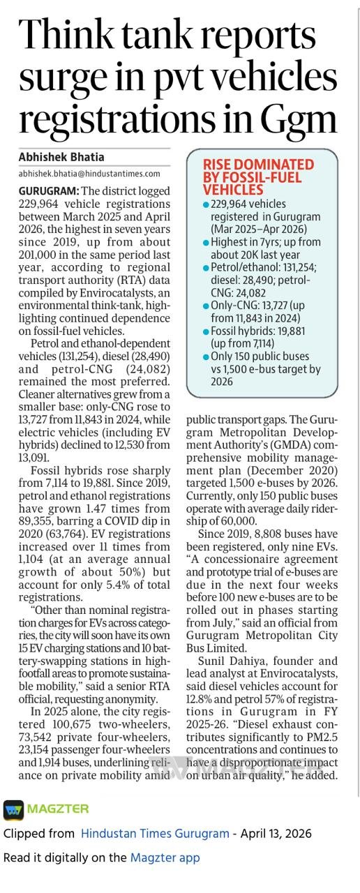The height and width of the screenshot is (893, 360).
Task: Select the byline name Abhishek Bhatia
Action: point(61,157)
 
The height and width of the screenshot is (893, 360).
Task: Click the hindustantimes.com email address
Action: point(89,174)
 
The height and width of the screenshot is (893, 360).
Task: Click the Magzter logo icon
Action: point(13,809)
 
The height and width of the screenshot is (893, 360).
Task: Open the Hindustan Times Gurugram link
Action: point(155,833)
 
